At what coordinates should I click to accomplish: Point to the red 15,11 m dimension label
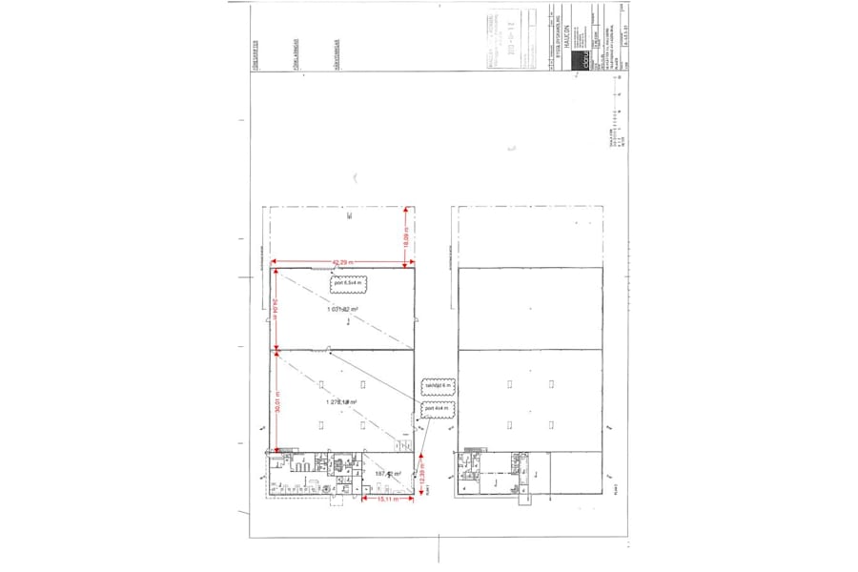point(387,499)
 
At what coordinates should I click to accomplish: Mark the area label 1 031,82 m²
point(341,310)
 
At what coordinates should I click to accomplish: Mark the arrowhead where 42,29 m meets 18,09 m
point(405,264)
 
